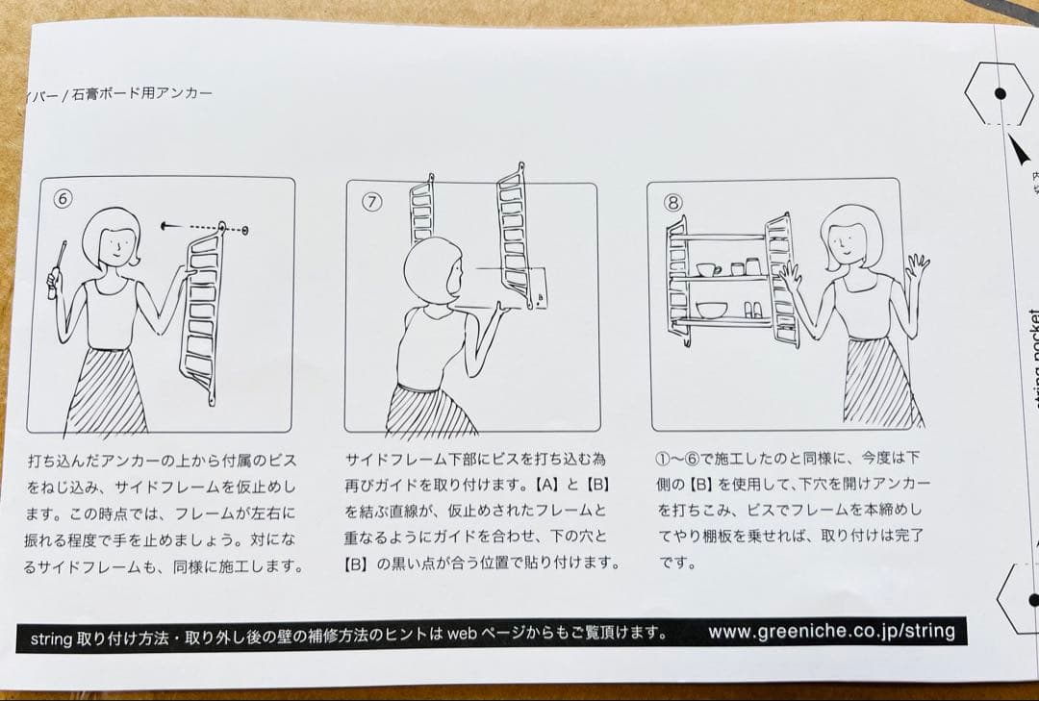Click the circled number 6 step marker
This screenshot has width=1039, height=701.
[x=63, y=200]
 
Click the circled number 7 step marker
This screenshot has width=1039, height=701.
[x=372, y=202]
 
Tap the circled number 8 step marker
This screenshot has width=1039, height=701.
[x=673, y=202]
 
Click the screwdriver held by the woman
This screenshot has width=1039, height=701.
[x=58, y=268]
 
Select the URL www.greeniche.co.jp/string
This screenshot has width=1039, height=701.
[x=831, y=632]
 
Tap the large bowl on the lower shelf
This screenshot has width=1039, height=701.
[x=712, y=310]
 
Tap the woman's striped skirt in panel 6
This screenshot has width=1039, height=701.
[x=106, y=389]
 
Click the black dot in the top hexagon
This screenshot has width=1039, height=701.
[x=1000, y=93]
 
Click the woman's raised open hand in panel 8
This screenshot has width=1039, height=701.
[x=917, y=265]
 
